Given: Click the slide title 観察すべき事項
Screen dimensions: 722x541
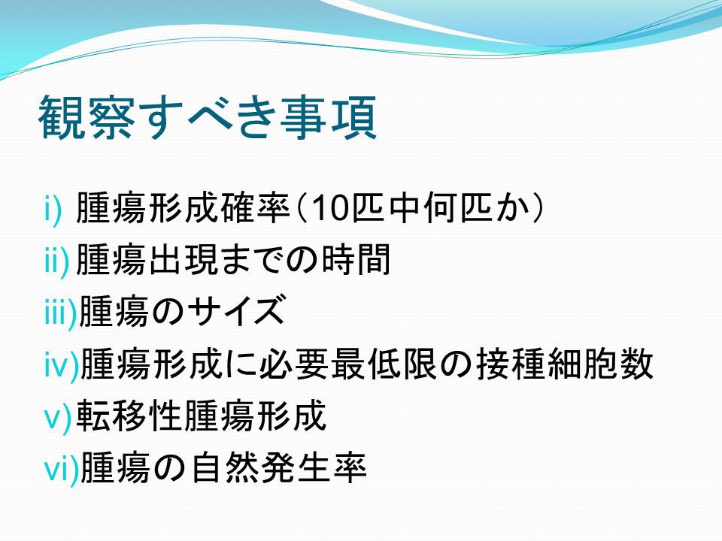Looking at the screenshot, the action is coord(208,118).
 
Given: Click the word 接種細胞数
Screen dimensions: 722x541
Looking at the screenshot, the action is coord(565,364).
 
